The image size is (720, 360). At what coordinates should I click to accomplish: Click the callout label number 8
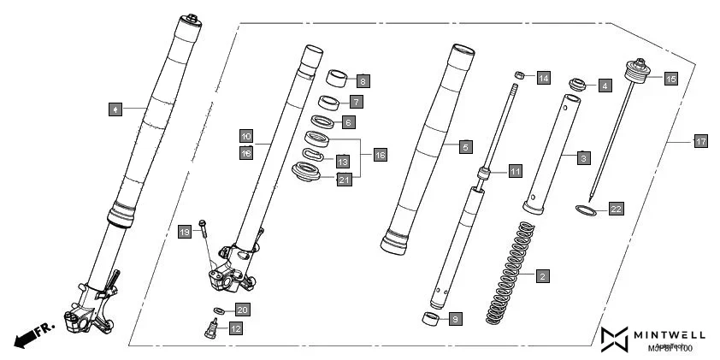[x=363, y=81]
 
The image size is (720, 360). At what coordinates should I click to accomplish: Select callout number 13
[x=342, y=162]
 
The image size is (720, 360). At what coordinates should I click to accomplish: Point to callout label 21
[x=344, y=179]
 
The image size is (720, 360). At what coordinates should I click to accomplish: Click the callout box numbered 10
[x=245, y=136]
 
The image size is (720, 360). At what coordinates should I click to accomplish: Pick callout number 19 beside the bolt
[x=184, y=232]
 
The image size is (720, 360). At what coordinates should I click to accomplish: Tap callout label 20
[x=242, y=310]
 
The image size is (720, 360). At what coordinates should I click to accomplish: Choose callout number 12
[x=234, y=328]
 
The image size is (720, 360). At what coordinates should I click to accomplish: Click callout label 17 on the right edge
[x=700, y=142]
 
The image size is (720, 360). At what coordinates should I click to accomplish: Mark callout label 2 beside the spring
[x=542, y=276]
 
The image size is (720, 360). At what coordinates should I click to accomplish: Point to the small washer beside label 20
[x=218, y=310]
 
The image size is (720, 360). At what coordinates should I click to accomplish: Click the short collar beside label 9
[x=431, y=320]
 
